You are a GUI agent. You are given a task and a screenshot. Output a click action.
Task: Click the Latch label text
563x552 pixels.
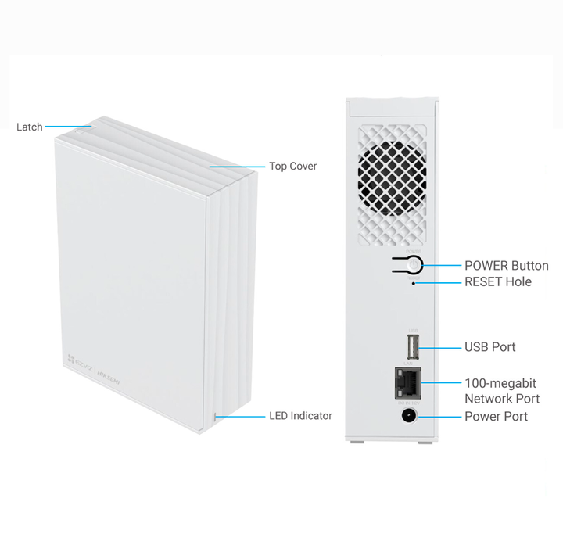click(x=29, y=127)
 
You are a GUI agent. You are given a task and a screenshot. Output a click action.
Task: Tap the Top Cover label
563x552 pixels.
click(x=292, y=167)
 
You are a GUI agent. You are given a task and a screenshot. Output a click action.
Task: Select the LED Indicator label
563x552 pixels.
click(x=300, y=416)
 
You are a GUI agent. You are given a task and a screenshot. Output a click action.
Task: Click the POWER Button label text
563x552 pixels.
click(x=506, y=266)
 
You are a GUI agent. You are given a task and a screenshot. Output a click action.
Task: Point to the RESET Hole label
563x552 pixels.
click(x=497, y=281)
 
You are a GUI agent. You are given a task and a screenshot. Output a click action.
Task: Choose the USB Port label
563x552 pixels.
click(x=490, y=346)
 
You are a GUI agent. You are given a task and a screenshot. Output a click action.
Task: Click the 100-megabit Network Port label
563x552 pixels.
click(x=502, y=391)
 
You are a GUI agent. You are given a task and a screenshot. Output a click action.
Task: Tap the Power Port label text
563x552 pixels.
click(x=496, y=417)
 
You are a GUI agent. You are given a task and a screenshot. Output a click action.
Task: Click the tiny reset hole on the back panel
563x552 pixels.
click(x=414, y=283)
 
